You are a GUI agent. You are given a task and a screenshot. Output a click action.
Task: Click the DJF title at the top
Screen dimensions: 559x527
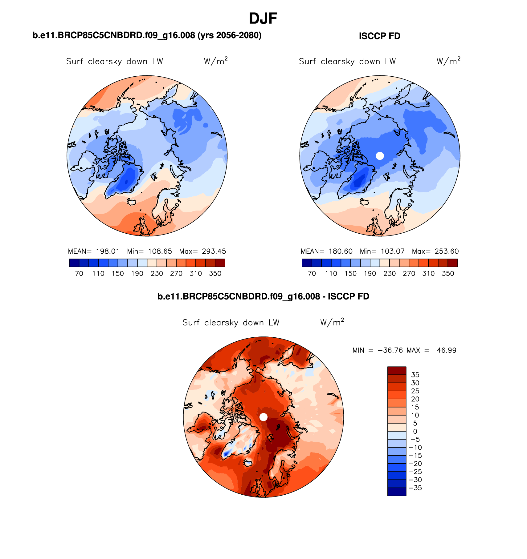pos(263,18)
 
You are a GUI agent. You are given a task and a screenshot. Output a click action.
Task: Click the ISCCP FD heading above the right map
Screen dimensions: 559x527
pos(379,36)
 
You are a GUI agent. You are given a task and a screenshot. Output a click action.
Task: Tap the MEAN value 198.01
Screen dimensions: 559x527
pos(108,251)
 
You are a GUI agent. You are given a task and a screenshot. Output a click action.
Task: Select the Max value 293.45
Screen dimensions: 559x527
pos(214,251)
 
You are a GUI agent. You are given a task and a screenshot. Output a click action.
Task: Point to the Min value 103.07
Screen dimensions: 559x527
pos(392,251)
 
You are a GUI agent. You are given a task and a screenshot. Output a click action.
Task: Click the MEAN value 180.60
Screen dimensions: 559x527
pos(340,251)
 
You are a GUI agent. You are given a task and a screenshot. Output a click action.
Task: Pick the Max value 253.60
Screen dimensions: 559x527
pos(447,251)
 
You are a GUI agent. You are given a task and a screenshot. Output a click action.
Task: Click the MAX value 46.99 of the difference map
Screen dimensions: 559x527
pos(446,350)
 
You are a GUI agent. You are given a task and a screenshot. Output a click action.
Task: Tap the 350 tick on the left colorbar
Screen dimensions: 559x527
pos(215,273)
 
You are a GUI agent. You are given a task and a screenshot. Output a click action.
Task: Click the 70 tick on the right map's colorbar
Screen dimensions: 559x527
pos(312,273)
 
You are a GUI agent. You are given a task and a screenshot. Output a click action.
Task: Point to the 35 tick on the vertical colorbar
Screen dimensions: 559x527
pos(415,375)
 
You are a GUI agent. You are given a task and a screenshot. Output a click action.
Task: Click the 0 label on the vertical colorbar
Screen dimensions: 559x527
pos(415,432)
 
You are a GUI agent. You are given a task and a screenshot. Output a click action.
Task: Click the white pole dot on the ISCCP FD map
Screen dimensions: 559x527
pos(380,156)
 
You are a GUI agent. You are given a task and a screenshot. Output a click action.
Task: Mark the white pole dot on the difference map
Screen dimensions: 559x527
pos(263,417)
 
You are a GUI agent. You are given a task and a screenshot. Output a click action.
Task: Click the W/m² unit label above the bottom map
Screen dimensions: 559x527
pos(332,322)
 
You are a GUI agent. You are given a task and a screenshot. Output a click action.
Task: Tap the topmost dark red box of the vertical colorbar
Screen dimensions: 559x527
pos(396,370)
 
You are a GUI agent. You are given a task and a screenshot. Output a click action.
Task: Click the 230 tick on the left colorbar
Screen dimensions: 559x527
pos(157,273)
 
